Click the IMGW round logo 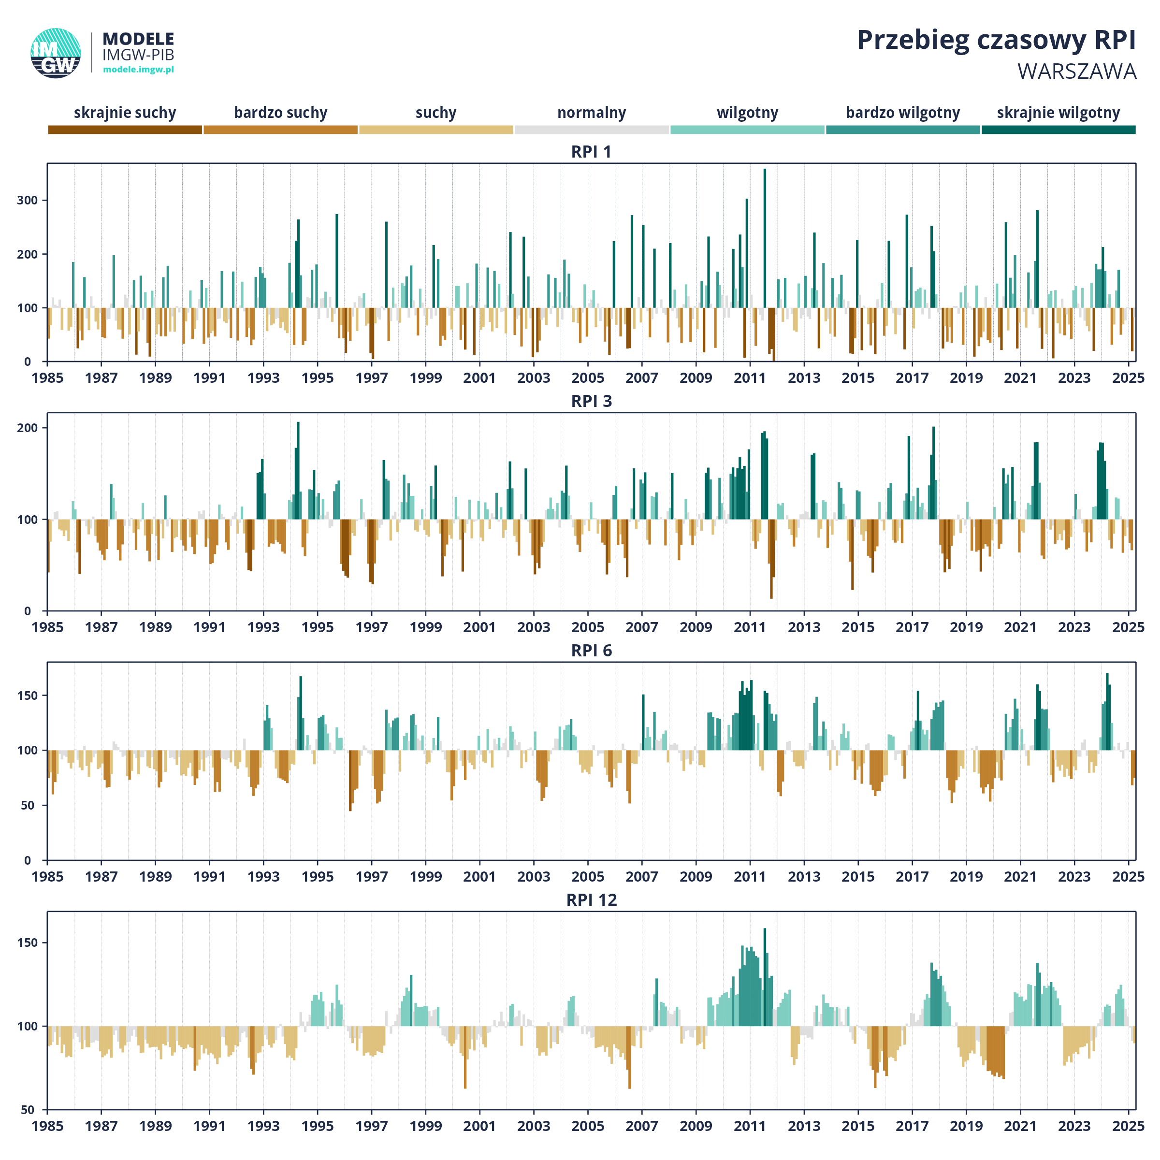tap(56, 53)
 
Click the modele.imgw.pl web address tap(138, 69)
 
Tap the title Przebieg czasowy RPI tap(996, 40)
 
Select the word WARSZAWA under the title tap(1076, 72)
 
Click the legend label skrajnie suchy tap(125, 113)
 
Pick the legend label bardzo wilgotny tap(903, 113)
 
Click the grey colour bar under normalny tap(592, 130)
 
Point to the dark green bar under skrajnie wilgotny tap(1058, 130)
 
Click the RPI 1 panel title tap(592, 152)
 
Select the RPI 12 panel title tap(592, 900)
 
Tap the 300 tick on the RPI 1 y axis tap(28, 201)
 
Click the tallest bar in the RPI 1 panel tap(764, 265)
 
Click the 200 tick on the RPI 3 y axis tap(28, 428)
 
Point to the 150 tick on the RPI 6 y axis tap(28, 696)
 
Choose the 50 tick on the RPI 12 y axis tap(28, 1110)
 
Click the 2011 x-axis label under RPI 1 tap(750, 377)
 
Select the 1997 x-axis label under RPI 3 tap(372, 627)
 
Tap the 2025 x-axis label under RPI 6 tap(1128, 877)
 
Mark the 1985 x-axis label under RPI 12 tap(47, 1126)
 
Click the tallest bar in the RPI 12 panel tap(764, 977)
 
